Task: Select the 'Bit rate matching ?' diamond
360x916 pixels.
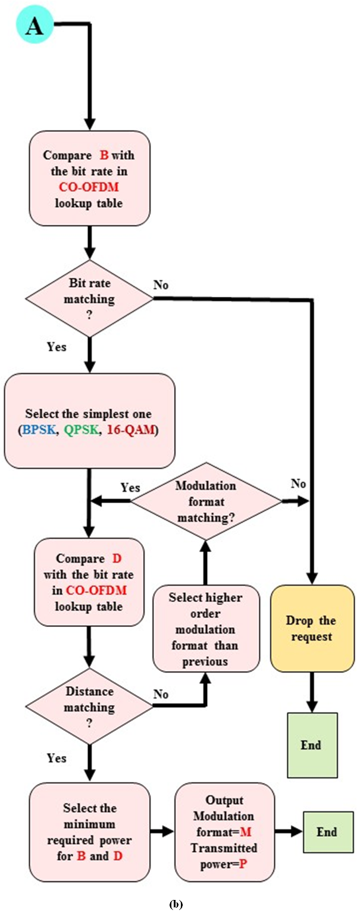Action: point(89,297)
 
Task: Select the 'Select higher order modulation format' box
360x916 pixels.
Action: point(206,628)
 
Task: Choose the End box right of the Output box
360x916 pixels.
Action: point(327,832)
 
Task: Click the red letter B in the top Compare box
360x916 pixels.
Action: point(104,156)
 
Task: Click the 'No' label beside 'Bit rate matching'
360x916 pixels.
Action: point(160,285)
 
